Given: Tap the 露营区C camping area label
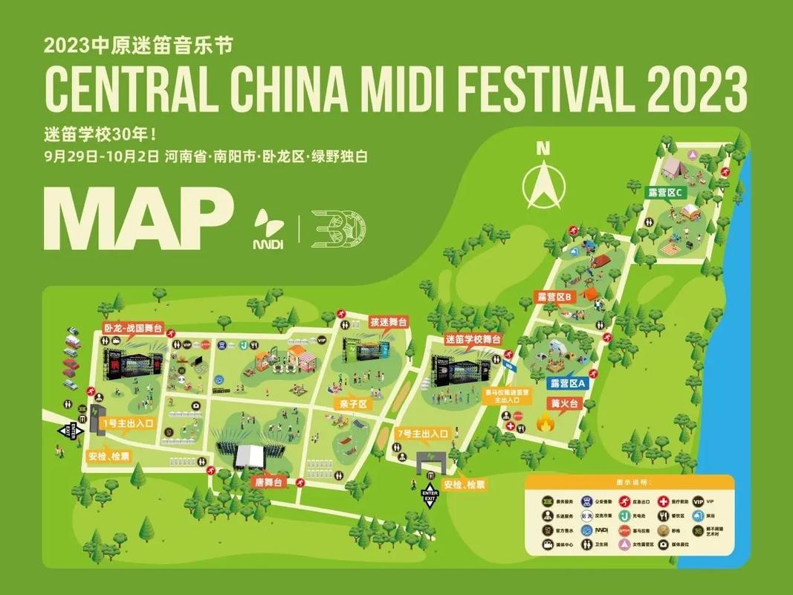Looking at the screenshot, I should coord(664,191).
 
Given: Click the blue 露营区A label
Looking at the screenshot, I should coord(569,383).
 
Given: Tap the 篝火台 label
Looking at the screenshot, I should coord(564,404).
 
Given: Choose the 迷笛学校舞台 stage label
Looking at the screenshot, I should coord(473,338).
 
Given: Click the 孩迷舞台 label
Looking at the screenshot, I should coord(389,322).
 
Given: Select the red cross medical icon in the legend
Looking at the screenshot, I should coord(664,501).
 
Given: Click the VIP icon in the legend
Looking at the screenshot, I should coord(698,501).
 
